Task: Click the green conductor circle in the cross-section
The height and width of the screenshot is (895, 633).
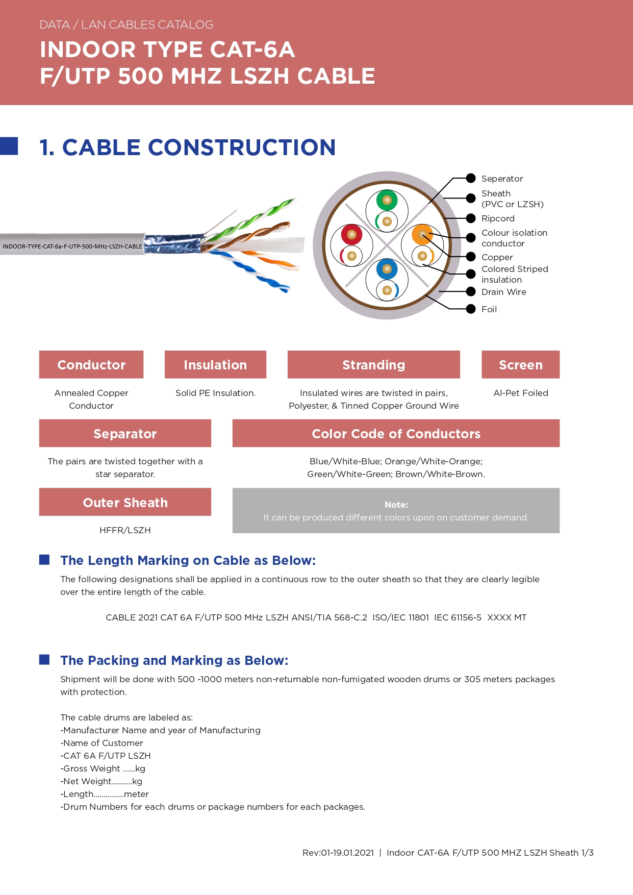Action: (x=387, y=200)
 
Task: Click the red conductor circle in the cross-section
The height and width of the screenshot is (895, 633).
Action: (x=351, y=235)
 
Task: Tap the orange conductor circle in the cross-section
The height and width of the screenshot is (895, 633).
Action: (x=422, y=235)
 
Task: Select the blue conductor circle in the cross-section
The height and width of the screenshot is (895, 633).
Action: (x=387, y=269)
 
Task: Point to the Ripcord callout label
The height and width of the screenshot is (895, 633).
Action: (x=498, y=218)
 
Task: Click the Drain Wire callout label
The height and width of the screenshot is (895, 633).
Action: (x=503, y=292)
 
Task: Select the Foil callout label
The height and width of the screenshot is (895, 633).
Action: (x=489, y=309)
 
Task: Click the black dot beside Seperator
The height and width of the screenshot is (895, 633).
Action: (x=471, y=178)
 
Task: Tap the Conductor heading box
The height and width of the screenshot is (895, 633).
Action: (x=91, y=364)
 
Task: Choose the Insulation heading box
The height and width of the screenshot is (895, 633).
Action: (x=215, y=364)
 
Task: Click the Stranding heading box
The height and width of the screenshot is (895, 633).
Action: (x=374, y=364)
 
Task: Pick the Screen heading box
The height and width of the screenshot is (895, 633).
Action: (x=521, y=364)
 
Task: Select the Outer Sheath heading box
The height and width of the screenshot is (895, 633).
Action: (x=125, y=502)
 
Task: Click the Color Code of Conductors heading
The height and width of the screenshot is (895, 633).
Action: (x=396, y=433)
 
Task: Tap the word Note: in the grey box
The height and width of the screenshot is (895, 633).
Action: (x=396, y=505)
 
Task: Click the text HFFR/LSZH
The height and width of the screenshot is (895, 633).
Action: (x=125, y=530)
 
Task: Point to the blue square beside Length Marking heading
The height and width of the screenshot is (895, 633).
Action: (x=44, y=560)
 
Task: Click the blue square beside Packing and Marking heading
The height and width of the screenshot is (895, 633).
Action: (x=44, y=660)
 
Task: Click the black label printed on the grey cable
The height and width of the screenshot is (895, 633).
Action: (x=72, y=246)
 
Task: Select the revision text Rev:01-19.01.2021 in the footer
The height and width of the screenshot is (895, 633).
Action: (x=338, y=853)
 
